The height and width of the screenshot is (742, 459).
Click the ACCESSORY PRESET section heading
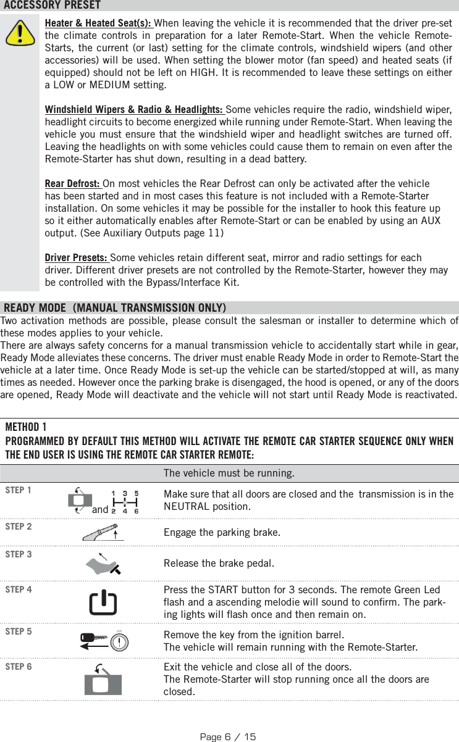coord(52,6)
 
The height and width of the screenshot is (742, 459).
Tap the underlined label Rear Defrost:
coord(74,185)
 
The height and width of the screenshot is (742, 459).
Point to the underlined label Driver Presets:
coord(77,257)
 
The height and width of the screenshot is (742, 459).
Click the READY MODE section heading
coord(115,307)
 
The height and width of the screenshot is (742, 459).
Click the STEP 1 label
coord(19,490)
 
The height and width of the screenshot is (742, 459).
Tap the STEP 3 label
coord(19,554)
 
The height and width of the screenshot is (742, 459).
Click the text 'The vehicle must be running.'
coord(229,473)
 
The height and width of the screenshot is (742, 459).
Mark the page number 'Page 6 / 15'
coord(229,736)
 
